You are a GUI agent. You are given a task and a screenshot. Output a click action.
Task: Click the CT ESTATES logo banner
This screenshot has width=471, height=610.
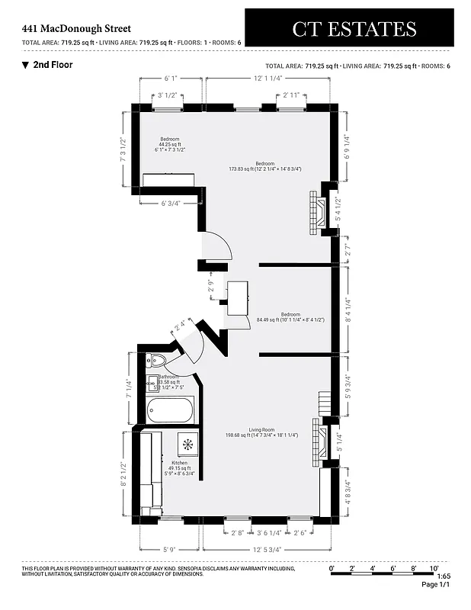(354, 29)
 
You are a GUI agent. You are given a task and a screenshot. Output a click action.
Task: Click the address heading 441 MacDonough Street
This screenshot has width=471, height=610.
(76, 28)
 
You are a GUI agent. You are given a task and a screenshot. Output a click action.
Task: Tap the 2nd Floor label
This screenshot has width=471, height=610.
(52, 65)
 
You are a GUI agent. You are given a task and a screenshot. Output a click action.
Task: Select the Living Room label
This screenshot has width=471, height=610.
(261, 432)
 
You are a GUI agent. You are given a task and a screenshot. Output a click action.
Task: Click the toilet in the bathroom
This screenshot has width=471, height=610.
(158, 361)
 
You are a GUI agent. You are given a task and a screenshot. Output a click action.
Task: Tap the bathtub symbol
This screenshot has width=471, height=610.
(171, 412)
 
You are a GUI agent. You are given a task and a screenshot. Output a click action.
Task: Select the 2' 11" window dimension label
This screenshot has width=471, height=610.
(290, 95)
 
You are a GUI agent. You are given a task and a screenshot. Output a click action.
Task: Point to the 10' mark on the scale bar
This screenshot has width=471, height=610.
(433, 568)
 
